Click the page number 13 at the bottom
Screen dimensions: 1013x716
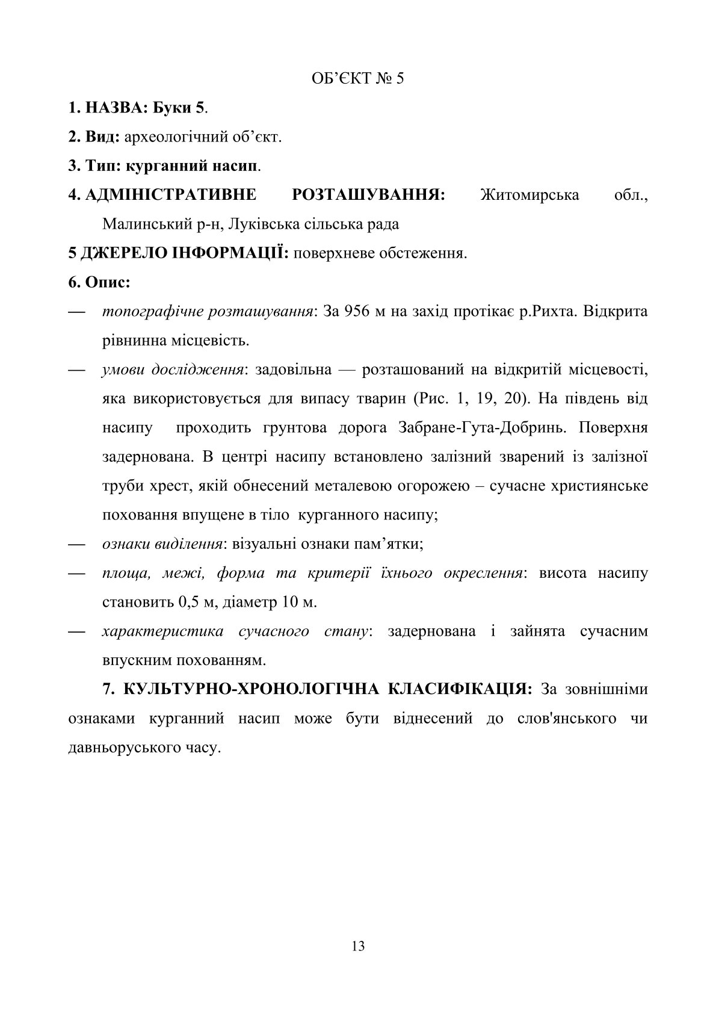[x=358, y=946]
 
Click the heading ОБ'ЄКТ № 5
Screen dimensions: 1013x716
[x=358, y=79]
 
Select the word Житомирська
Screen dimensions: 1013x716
[x=530, y=195]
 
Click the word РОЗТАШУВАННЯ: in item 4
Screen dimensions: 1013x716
[x=368, y=195]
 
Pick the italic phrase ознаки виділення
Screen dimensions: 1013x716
[x=160, y=544]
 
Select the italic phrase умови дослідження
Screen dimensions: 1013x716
[x=173, y=370]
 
